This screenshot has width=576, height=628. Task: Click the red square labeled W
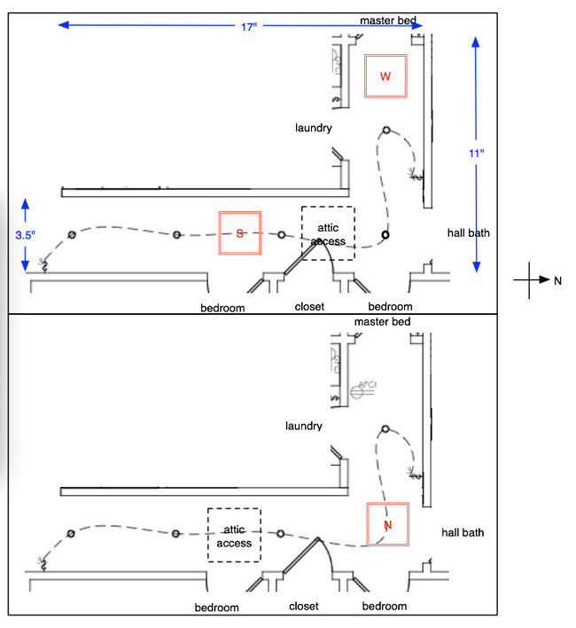(x=385, y=76)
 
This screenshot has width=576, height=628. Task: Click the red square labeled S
(x=240, y=233)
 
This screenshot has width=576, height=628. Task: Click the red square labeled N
(x=387, y=524)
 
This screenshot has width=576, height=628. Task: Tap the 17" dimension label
(x=249, y=26)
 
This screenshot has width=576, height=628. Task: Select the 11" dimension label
(x=477, y=153)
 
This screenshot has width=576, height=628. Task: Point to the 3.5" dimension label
(x=24, y=236)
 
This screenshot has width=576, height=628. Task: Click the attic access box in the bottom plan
(x=234, y=536)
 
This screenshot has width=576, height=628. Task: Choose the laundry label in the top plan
(x=314, y=128)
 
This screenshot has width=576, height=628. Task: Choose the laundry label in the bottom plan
(x=303, y=426)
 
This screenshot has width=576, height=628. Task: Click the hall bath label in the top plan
(x=469, y=232)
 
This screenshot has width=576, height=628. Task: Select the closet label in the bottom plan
(x=304, y=607)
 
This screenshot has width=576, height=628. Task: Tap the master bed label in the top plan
(x=386, y=20)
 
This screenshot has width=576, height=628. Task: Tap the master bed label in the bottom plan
(x=383, y=320)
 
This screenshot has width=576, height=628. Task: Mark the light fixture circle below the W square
(x=386, y=130)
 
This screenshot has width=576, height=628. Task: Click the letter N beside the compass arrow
(x=558, y=280)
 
